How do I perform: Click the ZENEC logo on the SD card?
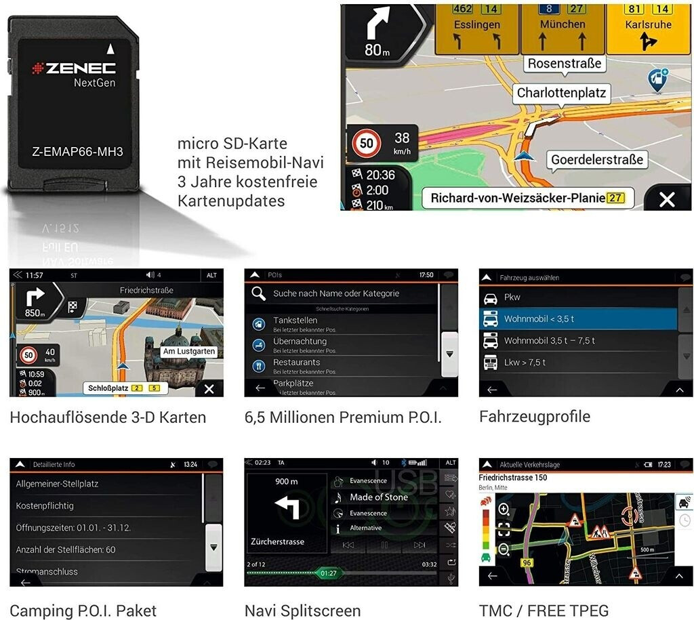tap(74, 68)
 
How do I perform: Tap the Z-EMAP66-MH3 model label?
tap(77, 152)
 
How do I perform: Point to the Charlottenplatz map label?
tap(561, 93)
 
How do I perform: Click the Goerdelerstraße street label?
tap(597, 160)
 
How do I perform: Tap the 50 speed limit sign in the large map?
tap(367, 144)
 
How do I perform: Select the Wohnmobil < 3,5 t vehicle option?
tap(539, 318)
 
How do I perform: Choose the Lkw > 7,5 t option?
tap(525, 362)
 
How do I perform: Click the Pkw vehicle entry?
tap(512, 297)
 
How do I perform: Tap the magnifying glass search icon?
tap(258, 293)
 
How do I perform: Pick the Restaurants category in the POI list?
tap(296, 363)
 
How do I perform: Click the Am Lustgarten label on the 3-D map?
tap(189, 351)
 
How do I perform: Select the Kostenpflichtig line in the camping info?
tap(45, 505)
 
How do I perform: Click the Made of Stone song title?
tap(379, 497)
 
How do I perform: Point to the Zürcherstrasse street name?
tap(277, 541)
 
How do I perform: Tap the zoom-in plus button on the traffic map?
tap(504, 510)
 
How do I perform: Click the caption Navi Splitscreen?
tap(302, 611)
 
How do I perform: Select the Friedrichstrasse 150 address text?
tap(513, 477)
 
